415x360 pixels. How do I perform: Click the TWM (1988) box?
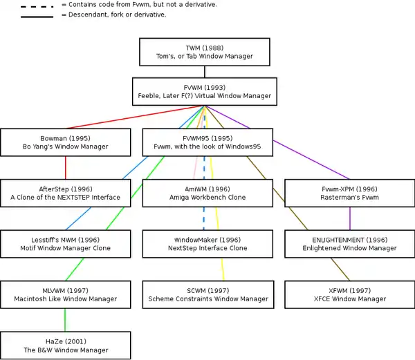(204, 52)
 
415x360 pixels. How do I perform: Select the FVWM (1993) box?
(204, 91)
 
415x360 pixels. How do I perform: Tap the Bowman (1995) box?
(66, 142)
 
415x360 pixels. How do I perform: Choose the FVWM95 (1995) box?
(207, 142)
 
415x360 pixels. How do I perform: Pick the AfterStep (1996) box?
(66, 193)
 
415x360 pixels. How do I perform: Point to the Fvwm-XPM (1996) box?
(349, 193)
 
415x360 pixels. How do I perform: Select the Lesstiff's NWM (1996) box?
(66, 244)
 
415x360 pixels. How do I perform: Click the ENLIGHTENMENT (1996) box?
(349, 244)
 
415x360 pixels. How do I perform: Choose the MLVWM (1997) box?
(66, 294)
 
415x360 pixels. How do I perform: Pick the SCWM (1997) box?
(207, 294)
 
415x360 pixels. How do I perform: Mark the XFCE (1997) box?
(349, 294)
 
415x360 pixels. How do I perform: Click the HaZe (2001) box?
(66, 345)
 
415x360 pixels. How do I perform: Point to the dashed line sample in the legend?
(37, 5)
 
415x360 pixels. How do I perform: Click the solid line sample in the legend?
(37, 15)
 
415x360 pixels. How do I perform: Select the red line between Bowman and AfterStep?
(66, 168)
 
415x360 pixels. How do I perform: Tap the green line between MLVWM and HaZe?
(66, 320)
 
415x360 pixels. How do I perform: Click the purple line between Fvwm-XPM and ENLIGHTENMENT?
(350, 218)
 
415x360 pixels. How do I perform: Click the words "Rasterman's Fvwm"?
(349, 198)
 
